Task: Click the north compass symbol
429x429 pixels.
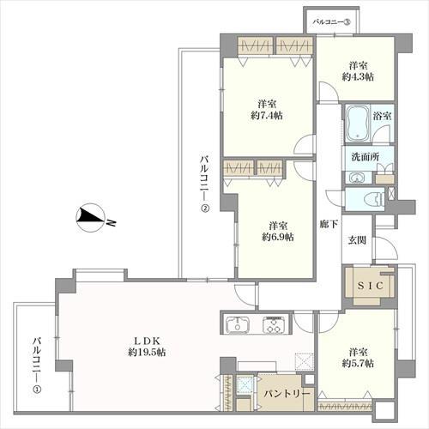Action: tap(90, 218)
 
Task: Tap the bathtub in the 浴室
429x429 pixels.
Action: tap(357, 124)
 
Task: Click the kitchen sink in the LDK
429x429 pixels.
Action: tap(238, 324)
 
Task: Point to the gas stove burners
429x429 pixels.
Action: tap(274, 324)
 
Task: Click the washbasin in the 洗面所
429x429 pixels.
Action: tap(356, 178)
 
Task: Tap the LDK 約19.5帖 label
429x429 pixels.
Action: tap(147, 347)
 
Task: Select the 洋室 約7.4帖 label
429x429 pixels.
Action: tap(267, 109)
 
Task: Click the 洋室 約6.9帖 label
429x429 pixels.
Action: tap(278, 231)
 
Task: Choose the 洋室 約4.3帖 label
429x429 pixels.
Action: tap(358, 71)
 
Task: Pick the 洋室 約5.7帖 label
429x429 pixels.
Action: tap(358, 358)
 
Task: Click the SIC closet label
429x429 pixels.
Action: tap(371, 286)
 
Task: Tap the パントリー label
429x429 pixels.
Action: tap(287, 394)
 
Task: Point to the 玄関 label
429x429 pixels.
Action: tap(357, 240)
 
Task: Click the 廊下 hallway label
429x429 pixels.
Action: tap(329, 224)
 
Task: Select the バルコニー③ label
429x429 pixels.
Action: tap(332, 22)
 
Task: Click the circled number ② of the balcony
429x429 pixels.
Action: tap(205, 208)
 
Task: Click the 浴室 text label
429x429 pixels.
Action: tap(382, 116)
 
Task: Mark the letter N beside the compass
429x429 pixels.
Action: tap(112, 223)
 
